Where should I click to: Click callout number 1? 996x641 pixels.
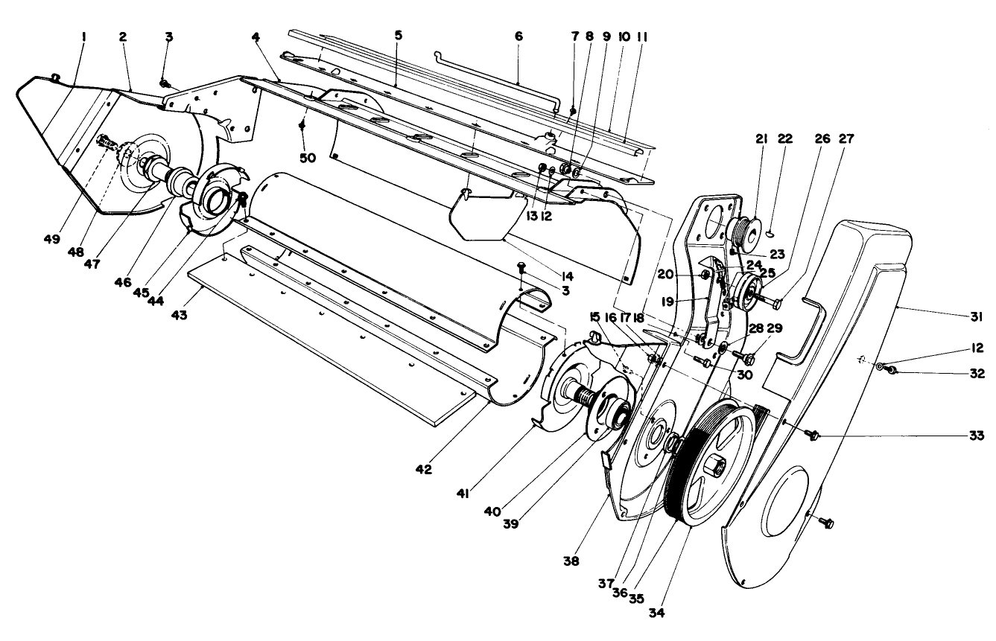click(x=83, y=35)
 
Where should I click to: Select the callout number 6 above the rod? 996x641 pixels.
click(x=518, y=36)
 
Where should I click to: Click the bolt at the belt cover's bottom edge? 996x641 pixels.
click(x=827, y=523)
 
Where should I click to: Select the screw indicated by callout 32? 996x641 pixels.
click(x=891, y=371)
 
